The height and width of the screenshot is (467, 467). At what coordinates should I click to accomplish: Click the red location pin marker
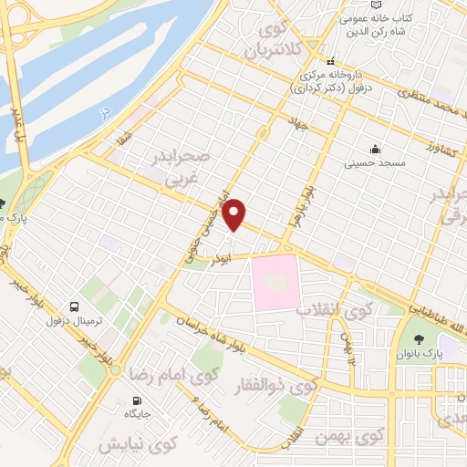tap(235, 213)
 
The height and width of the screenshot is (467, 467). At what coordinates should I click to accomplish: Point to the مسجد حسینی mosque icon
tap(374, 149)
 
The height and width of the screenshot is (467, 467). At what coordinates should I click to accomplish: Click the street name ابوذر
tap(217, 259)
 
